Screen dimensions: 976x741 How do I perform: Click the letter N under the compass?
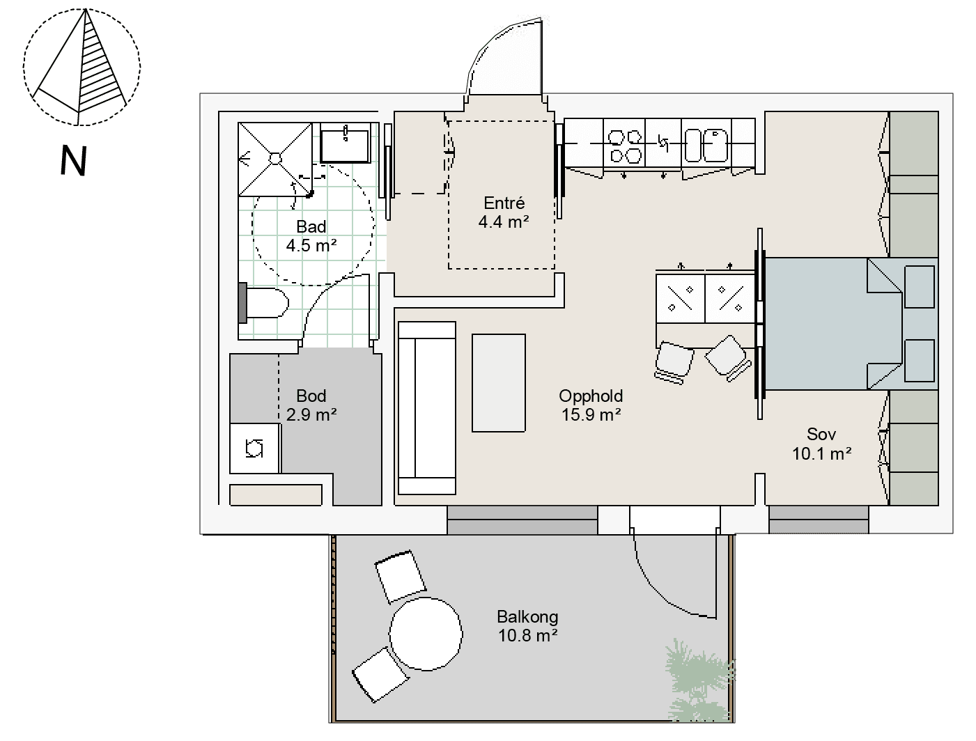pos(73,160)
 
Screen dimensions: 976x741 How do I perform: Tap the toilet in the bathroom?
pos(263,303)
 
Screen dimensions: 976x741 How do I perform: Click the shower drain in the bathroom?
pos(275,159)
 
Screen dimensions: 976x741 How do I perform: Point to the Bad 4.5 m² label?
pos(311,236)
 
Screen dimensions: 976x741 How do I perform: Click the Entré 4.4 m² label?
pos(504,212)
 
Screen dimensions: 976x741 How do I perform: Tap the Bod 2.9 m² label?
pos(311,405)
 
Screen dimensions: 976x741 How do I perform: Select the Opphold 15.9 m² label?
pos(591,405)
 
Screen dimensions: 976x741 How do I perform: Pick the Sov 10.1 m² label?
pos(822,444)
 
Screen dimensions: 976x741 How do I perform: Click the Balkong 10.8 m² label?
pos(528,626)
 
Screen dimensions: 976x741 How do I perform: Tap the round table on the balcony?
pos(426,634)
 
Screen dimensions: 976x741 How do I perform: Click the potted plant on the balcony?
pos(699,681)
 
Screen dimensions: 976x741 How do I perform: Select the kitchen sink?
pos(706,145)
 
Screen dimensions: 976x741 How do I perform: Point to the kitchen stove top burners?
pos(625,146)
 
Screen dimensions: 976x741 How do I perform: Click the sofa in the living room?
pos(427,408)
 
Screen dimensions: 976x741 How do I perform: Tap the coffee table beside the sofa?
pos(498,383)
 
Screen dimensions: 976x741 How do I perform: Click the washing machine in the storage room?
pos(255,448)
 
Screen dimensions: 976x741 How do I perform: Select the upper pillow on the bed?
pos(920,287)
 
